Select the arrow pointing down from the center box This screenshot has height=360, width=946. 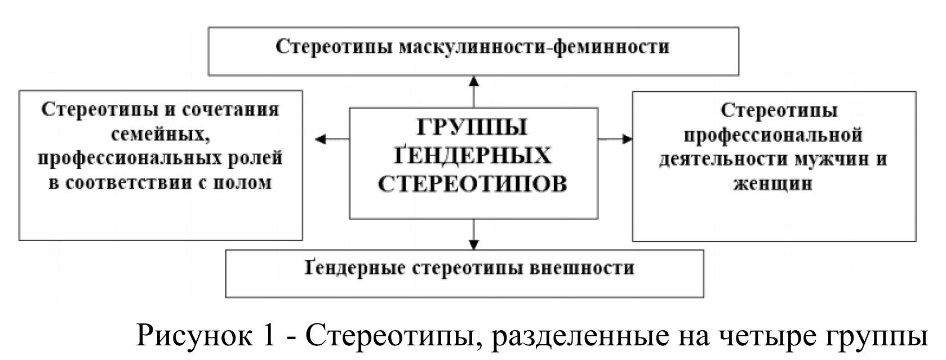[x=474, y=234]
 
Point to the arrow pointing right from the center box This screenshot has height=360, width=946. [x=615, y=139]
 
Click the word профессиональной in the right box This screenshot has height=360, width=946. [x=773, y=135]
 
